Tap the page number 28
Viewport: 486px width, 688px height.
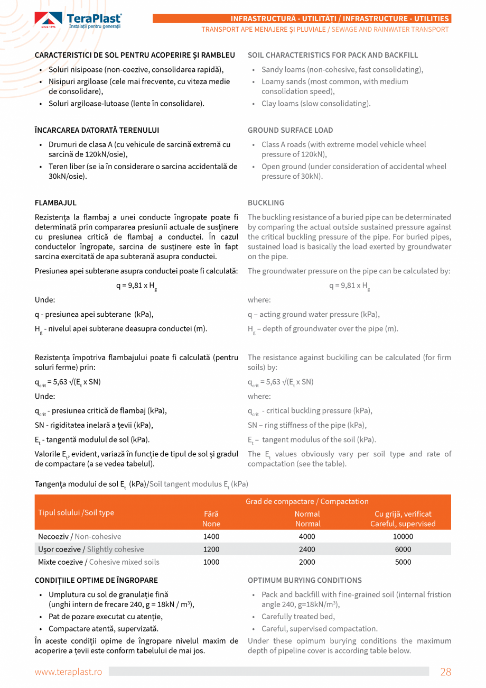click(x=445, y=672)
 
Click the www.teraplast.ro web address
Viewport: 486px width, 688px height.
click(x=68, y=672)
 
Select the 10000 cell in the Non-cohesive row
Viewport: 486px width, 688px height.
click(x=403, y=536)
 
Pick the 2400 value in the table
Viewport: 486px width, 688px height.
click(x=307, y=549)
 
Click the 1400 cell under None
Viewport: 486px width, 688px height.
click(x=211, y=536)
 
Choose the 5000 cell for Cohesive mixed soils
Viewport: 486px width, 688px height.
click(x=403, y=562)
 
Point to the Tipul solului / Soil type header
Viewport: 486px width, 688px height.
click(x=76, y=512)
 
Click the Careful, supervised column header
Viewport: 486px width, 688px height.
click(x=403, y=519)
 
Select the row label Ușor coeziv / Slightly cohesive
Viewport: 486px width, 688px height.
click(x=91, y=549)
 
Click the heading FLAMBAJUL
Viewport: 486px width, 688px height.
click(x=55, y=203)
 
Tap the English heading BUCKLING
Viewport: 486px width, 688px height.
click(x=266, y=203)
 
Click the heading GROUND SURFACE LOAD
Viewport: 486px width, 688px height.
click(x=290, y=130)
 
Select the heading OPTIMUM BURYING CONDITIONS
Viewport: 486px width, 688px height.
click(x=304, y=580)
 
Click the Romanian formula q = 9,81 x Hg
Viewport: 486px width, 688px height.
click(x=136, y=286)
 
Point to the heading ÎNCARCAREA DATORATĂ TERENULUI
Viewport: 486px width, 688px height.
click(x=97, y=130)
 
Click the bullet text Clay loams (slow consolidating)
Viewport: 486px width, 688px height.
click(x=316, y=103)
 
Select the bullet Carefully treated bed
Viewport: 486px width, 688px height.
click(x=298, y=616)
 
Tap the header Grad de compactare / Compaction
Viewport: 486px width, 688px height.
click(x=307, y=501)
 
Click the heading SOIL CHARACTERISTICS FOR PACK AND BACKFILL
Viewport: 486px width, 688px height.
click(x=332, y=55)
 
